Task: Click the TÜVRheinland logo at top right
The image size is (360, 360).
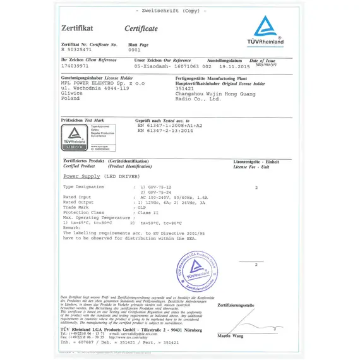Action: [268, 30]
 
